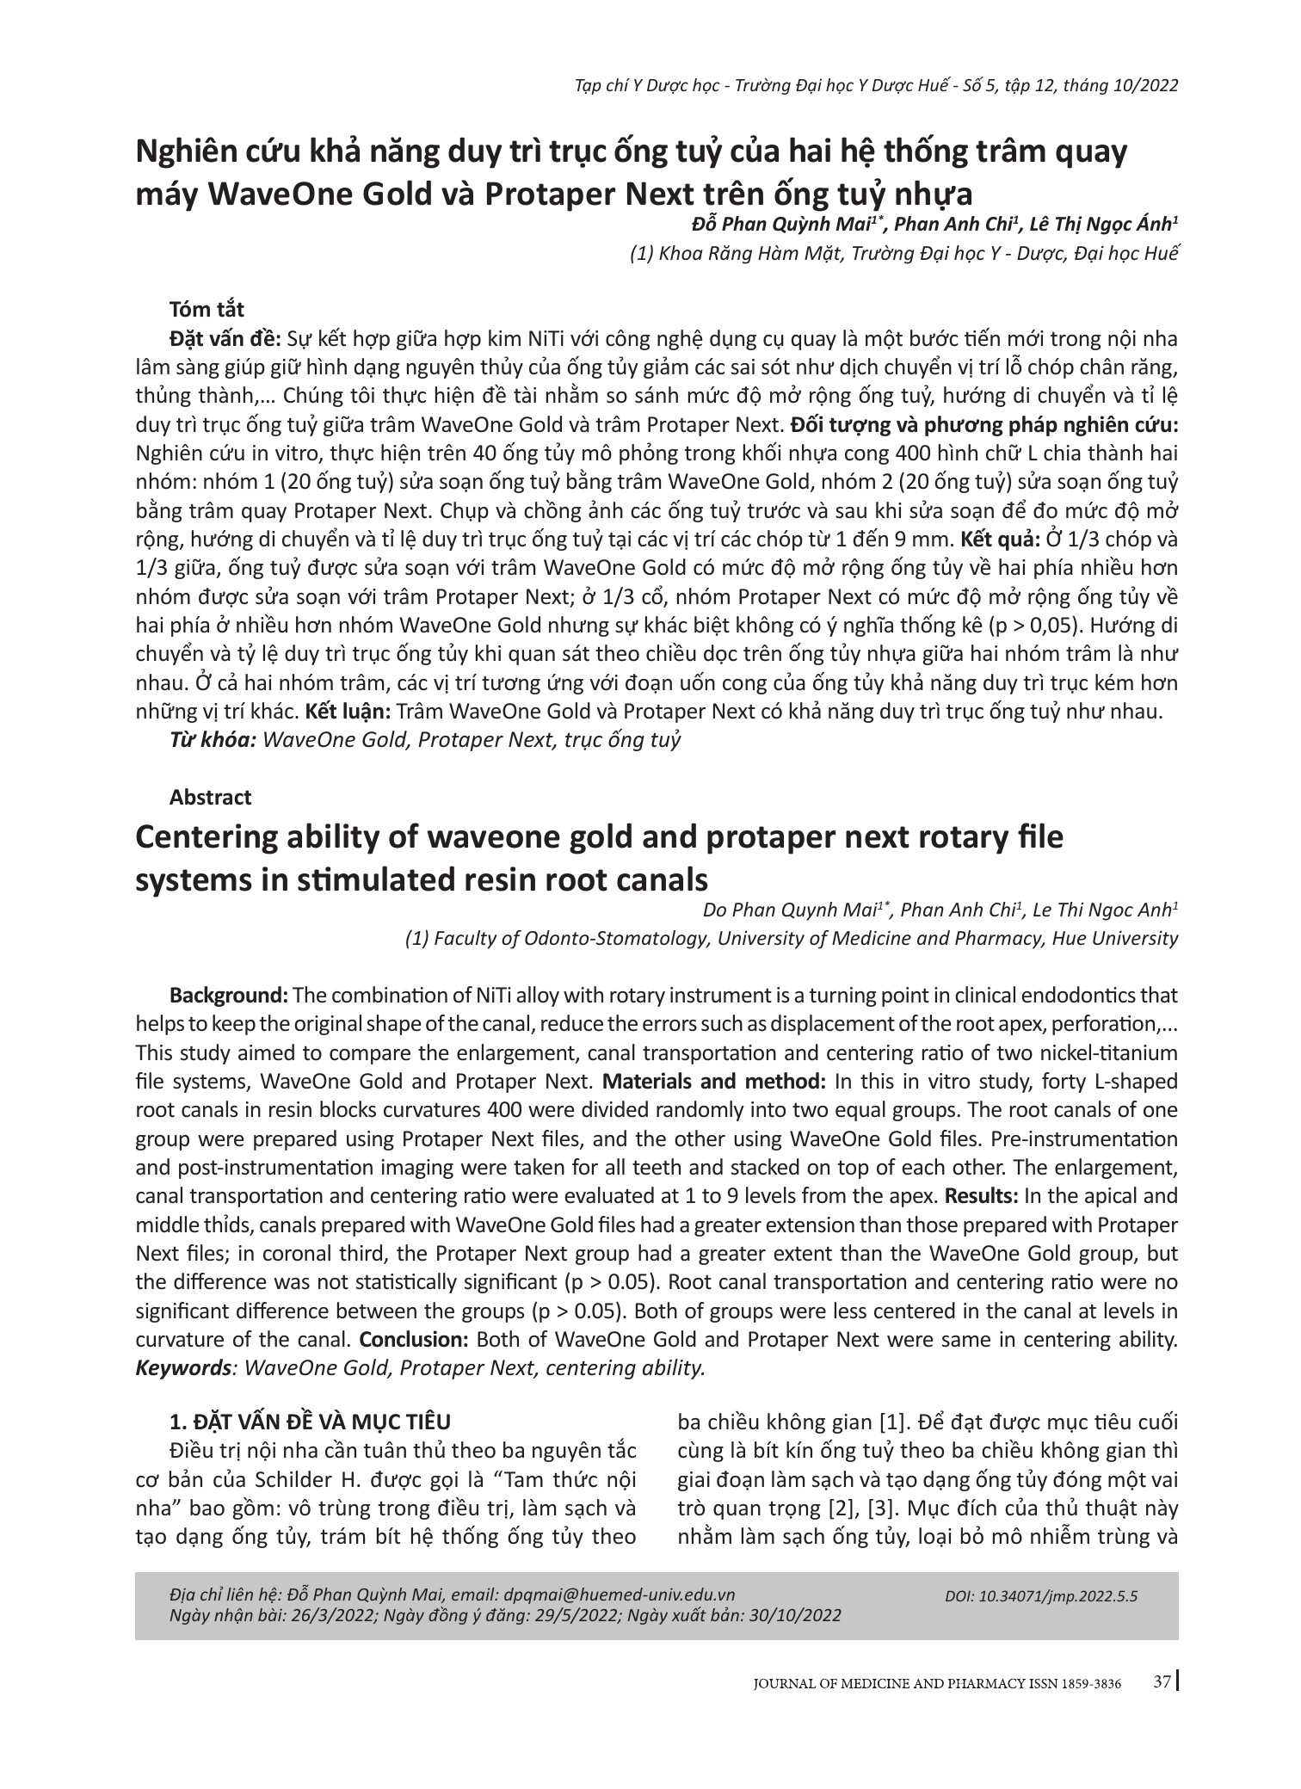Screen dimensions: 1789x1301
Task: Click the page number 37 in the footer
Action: (1162, 1707)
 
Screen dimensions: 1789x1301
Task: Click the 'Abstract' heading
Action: (211, 797)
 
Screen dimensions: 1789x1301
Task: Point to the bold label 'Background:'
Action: (229, 996)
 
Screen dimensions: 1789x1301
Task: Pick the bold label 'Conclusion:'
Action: (413, 1340)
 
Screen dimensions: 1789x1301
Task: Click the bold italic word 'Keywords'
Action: (180, 1368)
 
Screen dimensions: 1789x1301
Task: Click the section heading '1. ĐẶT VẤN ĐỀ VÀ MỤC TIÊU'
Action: (310, 1421)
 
